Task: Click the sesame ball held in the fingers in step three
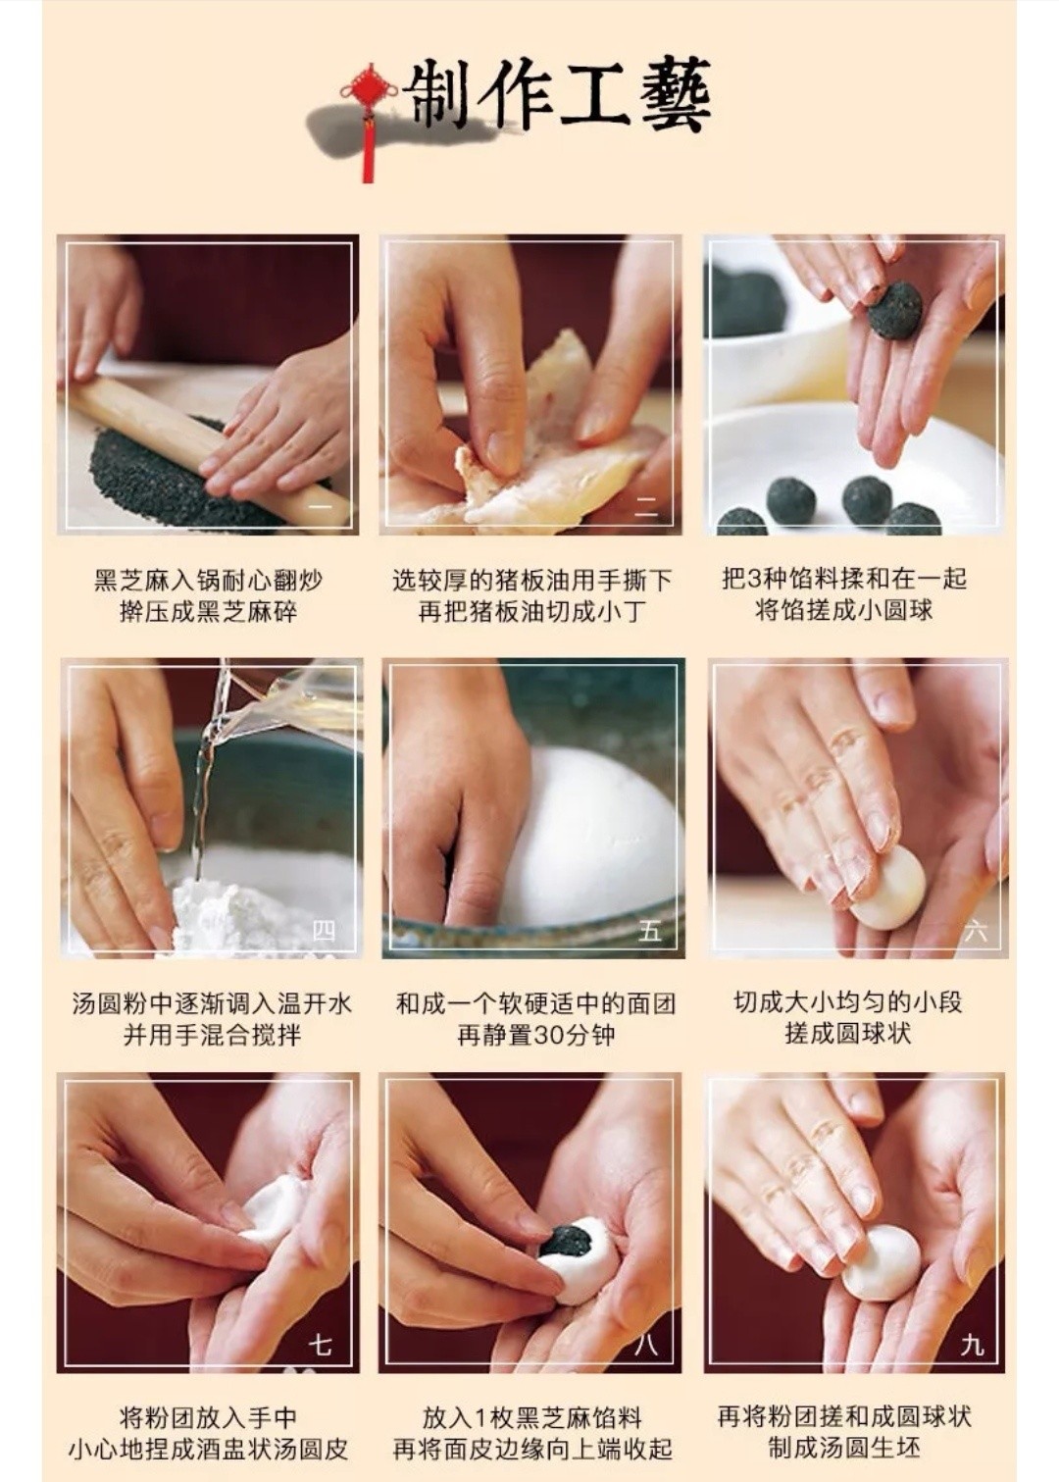click(x=895, y=310)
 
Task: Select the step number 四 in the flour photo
click(x=325, y=930)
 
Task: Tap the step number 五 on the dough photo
click(x=649, y=930)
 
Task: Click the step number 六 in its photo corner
click(x=976, y=931)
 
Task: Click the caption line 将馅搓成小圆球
click(x=844, y=611)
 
